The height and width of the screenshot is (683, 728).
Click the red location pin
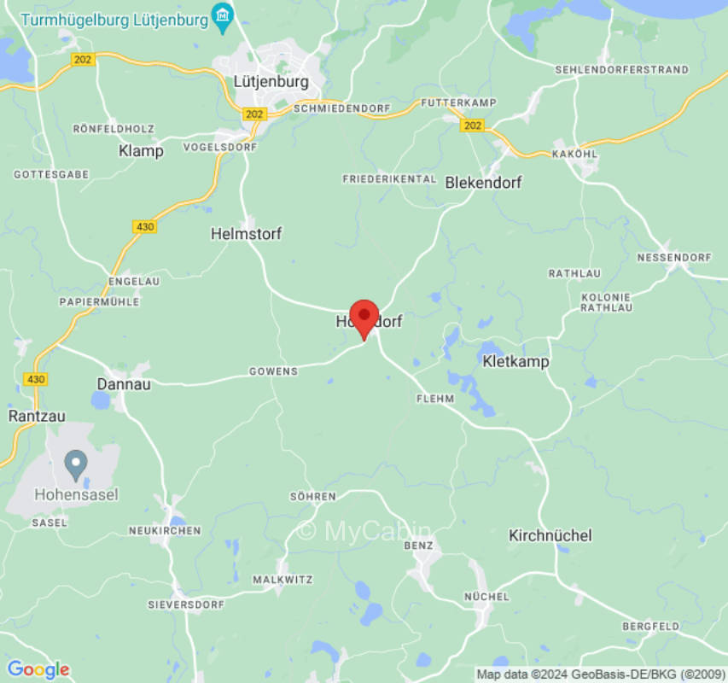[364, 318]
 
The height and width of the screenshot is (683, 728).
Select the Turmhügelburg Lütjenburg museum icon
[223, 17]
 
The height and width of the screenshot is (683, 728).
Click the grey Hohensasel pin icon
[76, 464]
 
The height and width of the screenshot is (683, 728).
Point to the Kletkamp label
[515, 361]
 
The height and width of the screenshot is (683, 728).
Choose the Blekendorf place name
[483, 182]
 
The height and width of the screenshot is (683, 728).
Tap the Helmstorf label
[246, 233]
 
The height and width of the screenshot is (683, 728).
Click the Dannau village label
[124, 384]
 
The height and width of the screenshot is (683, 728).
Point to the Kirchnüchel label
[550, 535]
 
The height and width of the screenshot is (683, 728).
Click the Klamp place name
[140, 151]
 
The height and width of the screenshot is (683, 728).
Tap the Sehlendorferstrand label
[621, 68]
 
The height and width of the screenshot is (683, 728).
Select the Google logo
[38, 669]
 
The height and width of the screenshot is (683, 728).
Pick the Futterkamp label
[458, 102]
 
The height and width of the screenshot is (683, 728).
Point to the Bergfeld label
[650, 626]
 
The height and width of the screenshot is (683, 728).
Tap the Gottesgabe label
[51, 174]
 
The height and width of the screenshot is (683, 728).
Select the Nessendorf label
[674, 257]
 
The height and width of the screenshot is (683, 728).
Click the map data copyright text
[600, 674]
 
